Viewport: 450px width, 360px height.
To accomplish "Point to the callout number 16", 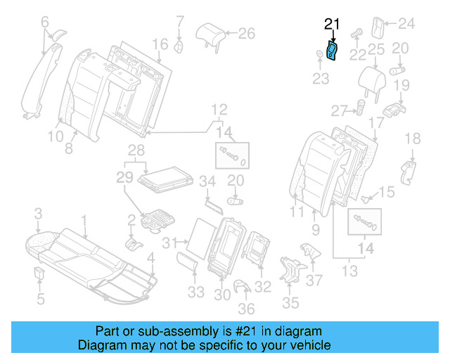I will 160,44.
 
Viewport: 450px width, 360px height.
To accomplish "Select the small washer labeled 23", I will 320,56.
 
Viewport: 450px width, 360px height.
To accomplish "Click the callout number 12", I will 219,109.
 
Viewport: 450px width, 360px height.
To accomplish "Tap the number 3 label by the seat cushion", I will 39,213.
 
